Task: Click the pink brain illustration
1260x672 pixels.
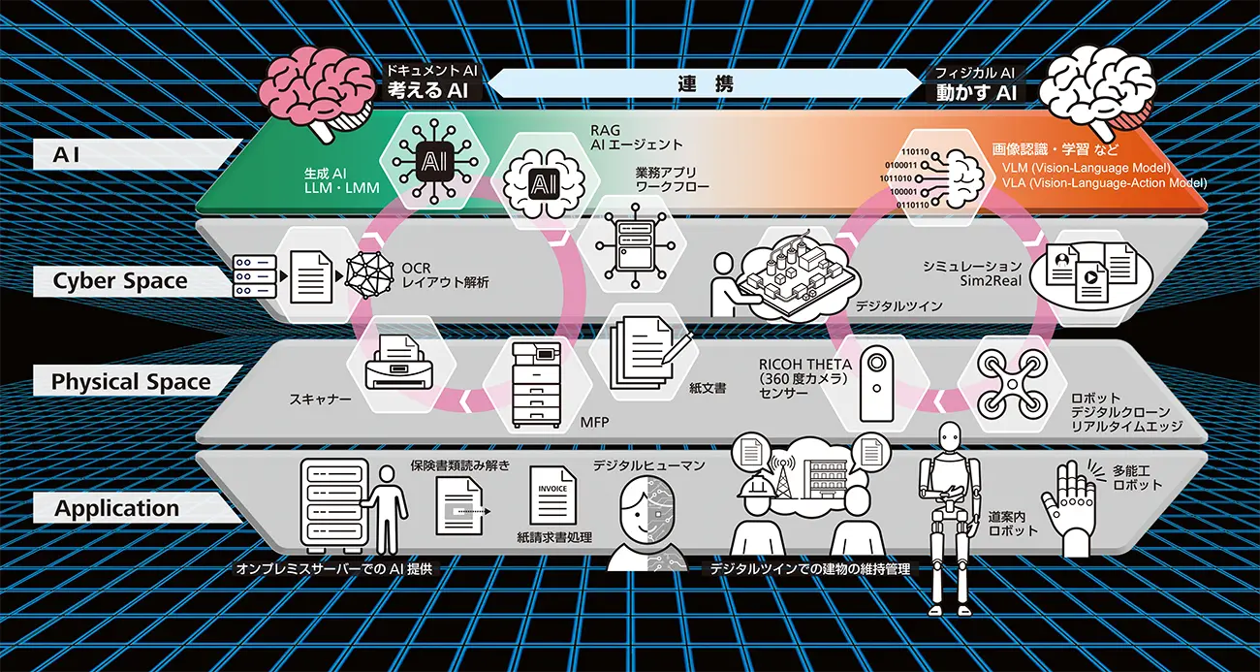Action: (x=318, y=93)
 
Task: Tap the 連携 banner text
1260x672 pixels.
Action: (x=706, y=84)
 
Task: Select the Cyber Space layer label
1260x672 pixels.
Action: (x=120, y=281)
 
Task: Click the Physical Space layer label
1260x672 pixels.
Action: (x=131, y=382)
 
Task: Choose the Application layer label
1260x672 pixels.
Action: (x=117, y=508)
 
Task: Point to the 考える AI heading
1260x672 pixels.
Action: (x=428, y=90)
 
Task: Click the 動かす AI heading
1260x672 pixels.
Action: (x=977, y=92)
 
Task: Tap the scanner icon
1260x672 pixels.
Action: (x=399, y=362)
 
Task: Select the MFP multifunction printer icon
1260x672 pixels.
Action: (x=537, y=386)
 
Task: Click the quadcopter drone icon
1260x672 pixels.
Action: (x=1013, y=384)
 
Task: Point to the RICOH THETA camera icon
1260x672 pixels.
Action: (x=877, y=384)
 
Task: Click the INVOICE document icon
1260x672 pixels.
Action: (x=552, y=496)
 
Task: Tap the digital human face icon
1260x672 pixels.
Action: (x=646, y=523)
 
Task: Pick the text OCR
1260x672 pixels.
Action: (x=416, y=269)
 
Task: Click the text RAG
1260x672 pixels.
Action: (x=605, y=131)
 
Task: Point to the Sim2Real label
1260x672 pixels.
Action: (x=991, y=280)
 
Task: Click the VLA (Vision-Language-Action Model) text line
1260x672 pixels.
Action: (x=1104, y=183)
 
